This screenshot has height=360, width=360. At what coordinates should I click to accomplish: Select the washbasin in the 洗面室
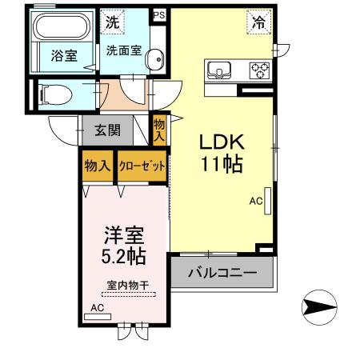point(157,59)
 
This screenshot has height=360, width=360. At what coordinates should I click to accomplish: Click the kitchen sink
point(218,70)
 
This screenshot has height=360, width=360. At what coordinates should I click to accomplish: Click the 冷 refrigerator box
point(258,23)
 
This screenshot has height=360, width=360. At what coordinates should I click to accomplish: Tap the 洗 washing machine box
point(114,22)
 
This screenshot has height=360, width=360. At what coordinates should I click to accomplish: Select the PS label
point(158,14)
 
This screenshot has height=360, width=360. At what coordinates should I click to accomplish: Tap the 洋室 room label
point(123,236)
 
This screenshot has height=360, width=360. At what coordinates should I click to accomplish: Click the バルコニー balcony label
point(222,272)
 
